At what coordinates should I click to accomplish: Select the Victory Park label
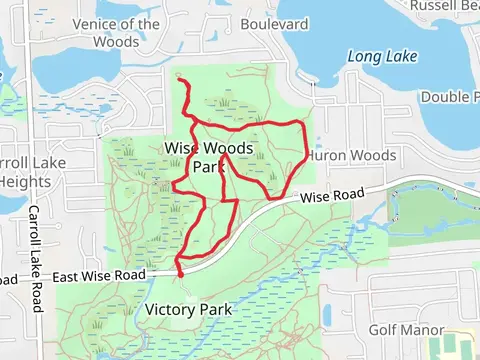pyautogui.click(x=189, y=309)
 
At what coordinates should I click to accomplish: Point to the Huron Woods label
pyautogui.click(x=352, y=156)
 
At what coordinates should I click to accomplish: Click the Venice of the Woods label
pyautogui.click(x=116, y=33)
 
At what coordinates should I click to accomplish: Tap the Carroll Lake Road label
pyautogui.click(x=35, y=259)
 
